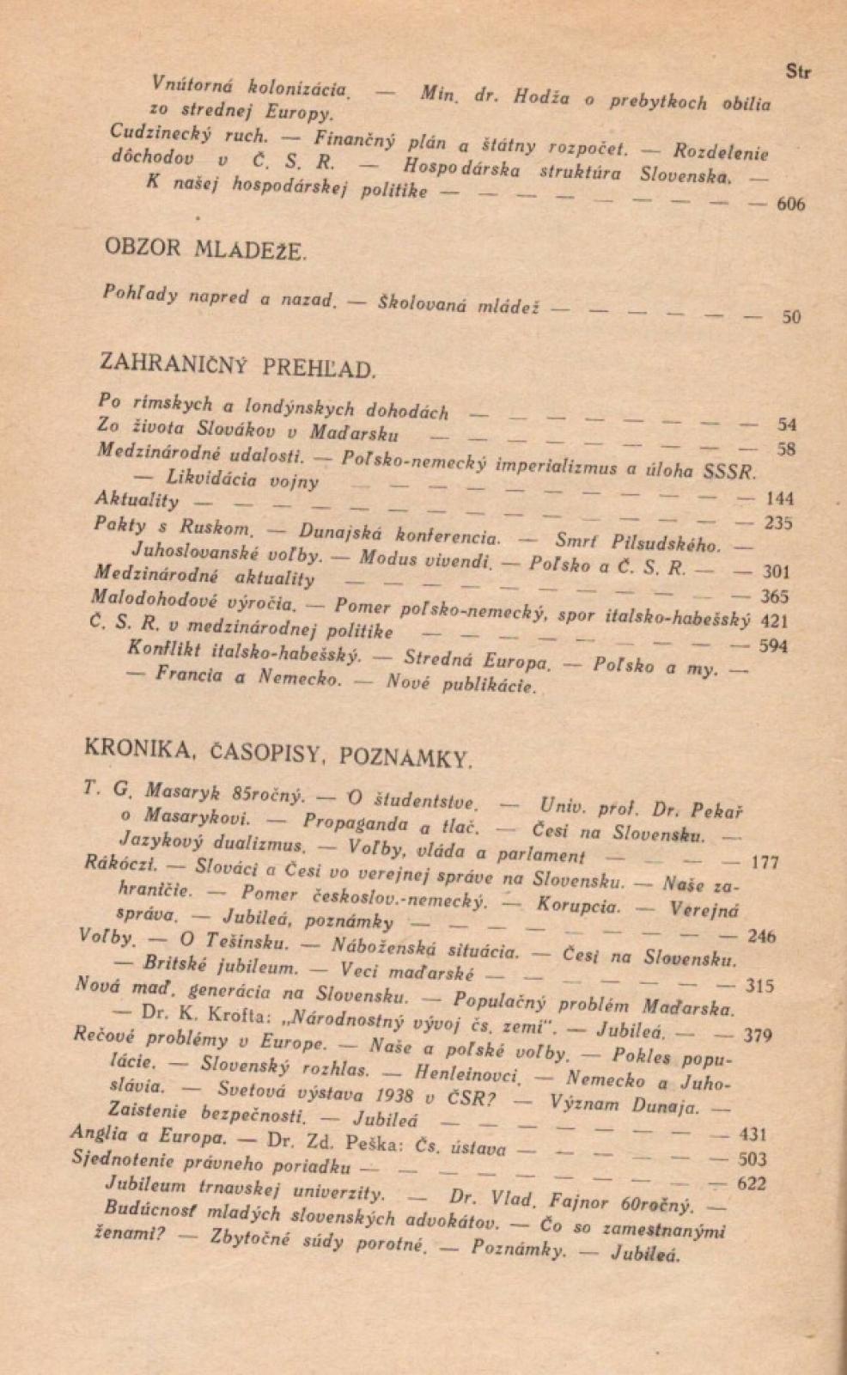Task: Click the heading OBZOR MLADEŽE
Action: [204, 250]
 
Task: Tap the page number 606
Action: [790, 205]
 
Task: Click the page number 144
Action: [778, 498]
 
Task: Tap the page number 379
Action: [757, 1036]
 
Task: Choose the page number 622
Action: [752, 1183]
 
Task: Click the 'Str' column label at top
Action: [798, 72]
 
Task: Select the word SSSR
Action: [730, 472]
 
